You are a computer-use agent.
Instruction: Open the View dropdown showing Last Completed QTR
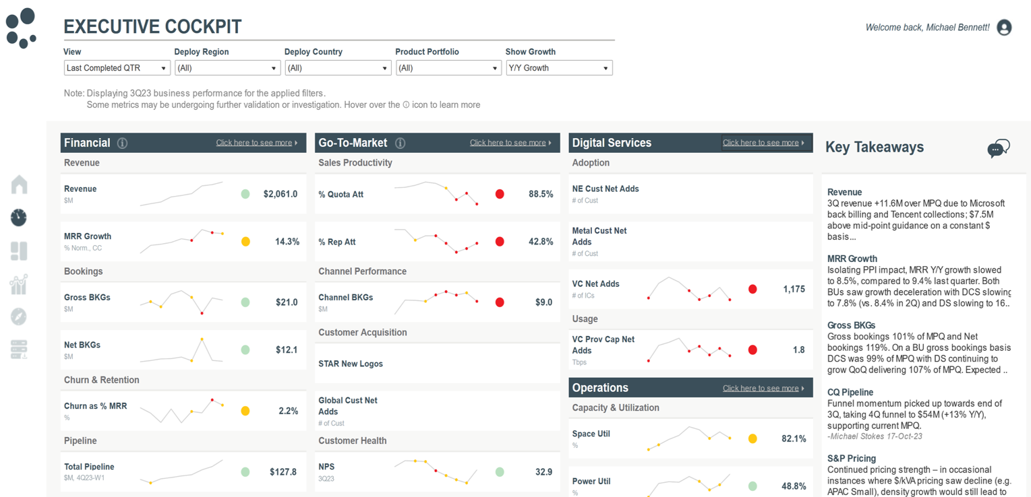(x=117, y=68)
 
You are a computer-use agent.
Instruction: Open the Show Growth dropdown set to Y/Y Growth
(x=559, y=68)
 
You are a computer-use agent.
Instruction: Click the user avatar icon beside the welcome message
(x=1004, y=28)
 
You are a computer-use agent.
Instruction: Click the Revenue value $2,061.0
(x=281, y=194)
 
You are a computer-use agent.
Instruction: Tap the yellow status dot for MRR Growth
(x=245, y=242)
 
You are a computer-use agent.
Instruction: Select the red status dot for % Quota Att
(x=500, y=194)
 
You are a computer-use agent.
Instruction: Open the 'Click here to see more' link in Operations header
(x=763, y=388)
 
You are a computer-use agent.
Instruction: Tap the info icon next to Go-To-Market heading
(x=400, y=143)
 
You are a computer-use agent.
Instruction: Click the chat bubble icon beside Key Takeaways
(x=998, y=148)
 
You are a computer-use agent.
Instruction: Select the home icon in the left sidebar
(x=20, y=185)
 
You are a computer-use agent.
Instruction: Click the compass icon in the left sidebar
(x=19, y=317)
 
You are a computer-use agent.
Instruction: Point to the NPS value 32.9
(x=543, y=472)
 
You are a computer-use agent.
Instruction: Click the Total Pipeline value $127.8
(x=283, y=472)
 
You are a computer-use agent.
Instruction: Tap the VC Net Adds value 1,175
(x=794, y=289)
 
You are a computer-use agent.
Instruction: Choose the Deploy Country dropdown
(x=338, y=68)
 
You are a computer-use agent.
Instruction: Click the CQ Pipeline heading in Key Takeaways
(x=850, y=392)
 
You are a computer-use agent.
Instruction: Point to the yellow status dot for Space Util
(x=753, y=438)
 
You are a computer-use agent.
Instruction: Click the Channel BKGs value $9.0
(x=543, y=302)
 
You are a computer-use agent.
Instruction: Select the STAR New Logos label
(x=351, y=364)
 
